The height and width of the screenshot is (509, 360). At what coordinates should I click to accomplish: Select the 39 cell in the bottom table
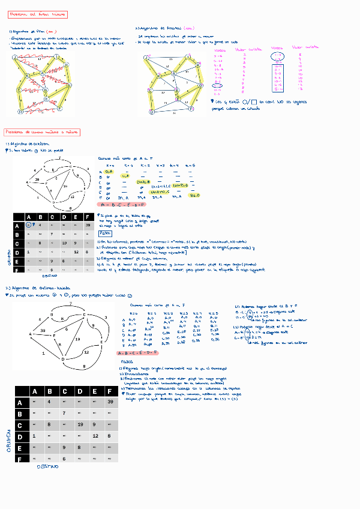point(110,402)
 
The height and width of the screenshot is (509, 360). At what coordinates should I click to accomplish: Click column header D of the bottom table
point(79,391)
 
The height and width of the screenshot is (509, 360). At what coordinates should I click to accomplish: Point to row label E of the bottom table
point(21,447)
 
